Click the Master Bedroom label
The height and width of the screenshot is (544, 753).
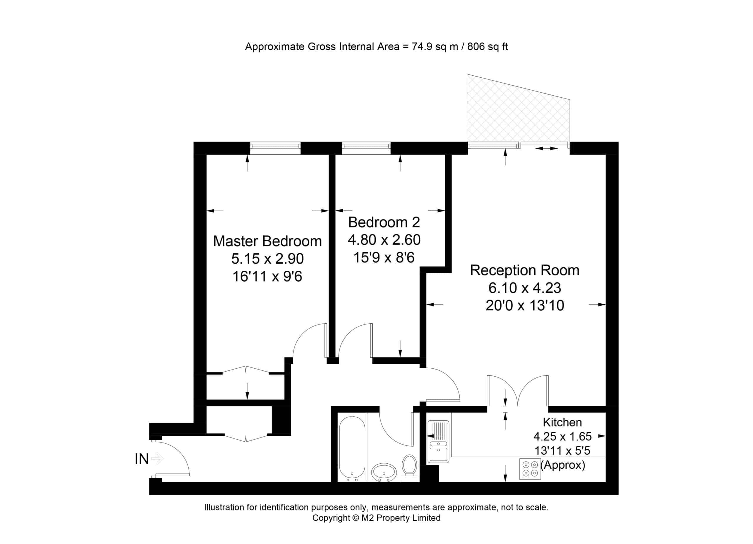[267, 241]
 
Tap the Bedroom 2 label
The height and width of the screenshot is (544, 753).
[384, 222]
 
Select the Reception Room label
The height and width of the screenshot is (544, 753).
[524, 270]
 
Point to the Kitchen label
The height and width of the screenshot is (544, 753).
[562, 422]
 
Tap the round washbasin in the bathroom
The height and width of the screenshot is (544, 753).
[384, 472]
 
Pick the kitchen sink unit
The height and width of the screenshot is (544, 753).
[438, 442]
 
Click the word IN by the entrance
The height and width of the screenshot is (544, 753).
[142, 459]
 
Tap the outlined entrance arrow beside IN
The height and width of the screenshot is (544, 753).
[157, 459]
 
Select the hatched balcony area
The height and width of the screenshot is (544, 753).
[519, 110]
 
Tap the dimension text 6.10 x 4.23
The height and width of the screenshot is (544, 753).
[524, 288]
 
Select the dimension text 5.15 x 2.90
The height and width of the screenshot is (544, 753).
[267, 259]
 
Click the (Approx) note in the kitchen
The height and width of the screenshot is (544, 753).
[563, 465]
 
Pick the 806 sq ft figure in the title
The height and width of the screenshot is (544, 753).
[487, 47]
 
